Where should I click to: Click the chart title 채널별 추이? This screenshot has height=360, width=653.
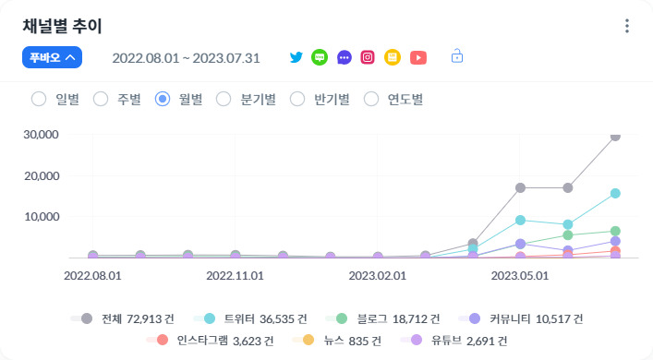(x=62, y=26)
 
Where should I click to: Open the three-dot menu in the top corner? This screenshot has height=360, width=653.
(x=627, y=26)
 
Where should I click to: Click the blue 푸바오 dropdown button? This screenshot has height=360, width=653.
(x=53, y=57)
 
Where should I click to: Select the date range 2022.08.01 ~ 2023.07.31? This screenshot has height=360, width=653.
(x=186, y=58)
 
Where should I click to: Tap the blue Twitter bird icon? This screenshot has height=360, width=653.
(x=296, y=57)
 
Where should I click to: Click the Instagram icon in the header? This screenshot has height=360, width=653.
(x=368, y=57)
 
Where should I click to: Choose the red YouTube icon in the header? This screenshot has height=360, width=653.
(x=418, y=57)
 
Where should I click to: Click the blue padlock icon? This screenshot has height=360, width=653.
(x=456, y=56)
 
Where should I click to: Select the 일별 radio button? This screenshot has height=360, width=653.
(x=39, y=99)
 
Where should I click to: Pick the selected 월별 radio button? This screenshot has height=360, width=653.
(x=163, y=99)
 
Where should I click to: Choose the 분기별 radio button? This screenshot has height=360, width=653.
(x=223, y=99)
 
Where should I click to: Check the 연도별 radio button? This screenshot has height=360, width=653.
(x=371, y=99)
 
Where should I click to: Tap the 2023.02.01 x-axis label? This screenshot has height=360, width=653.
(x=378, y=275)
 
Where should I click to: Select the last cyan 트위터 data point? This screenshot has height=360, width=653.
(x=615, y=194)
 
